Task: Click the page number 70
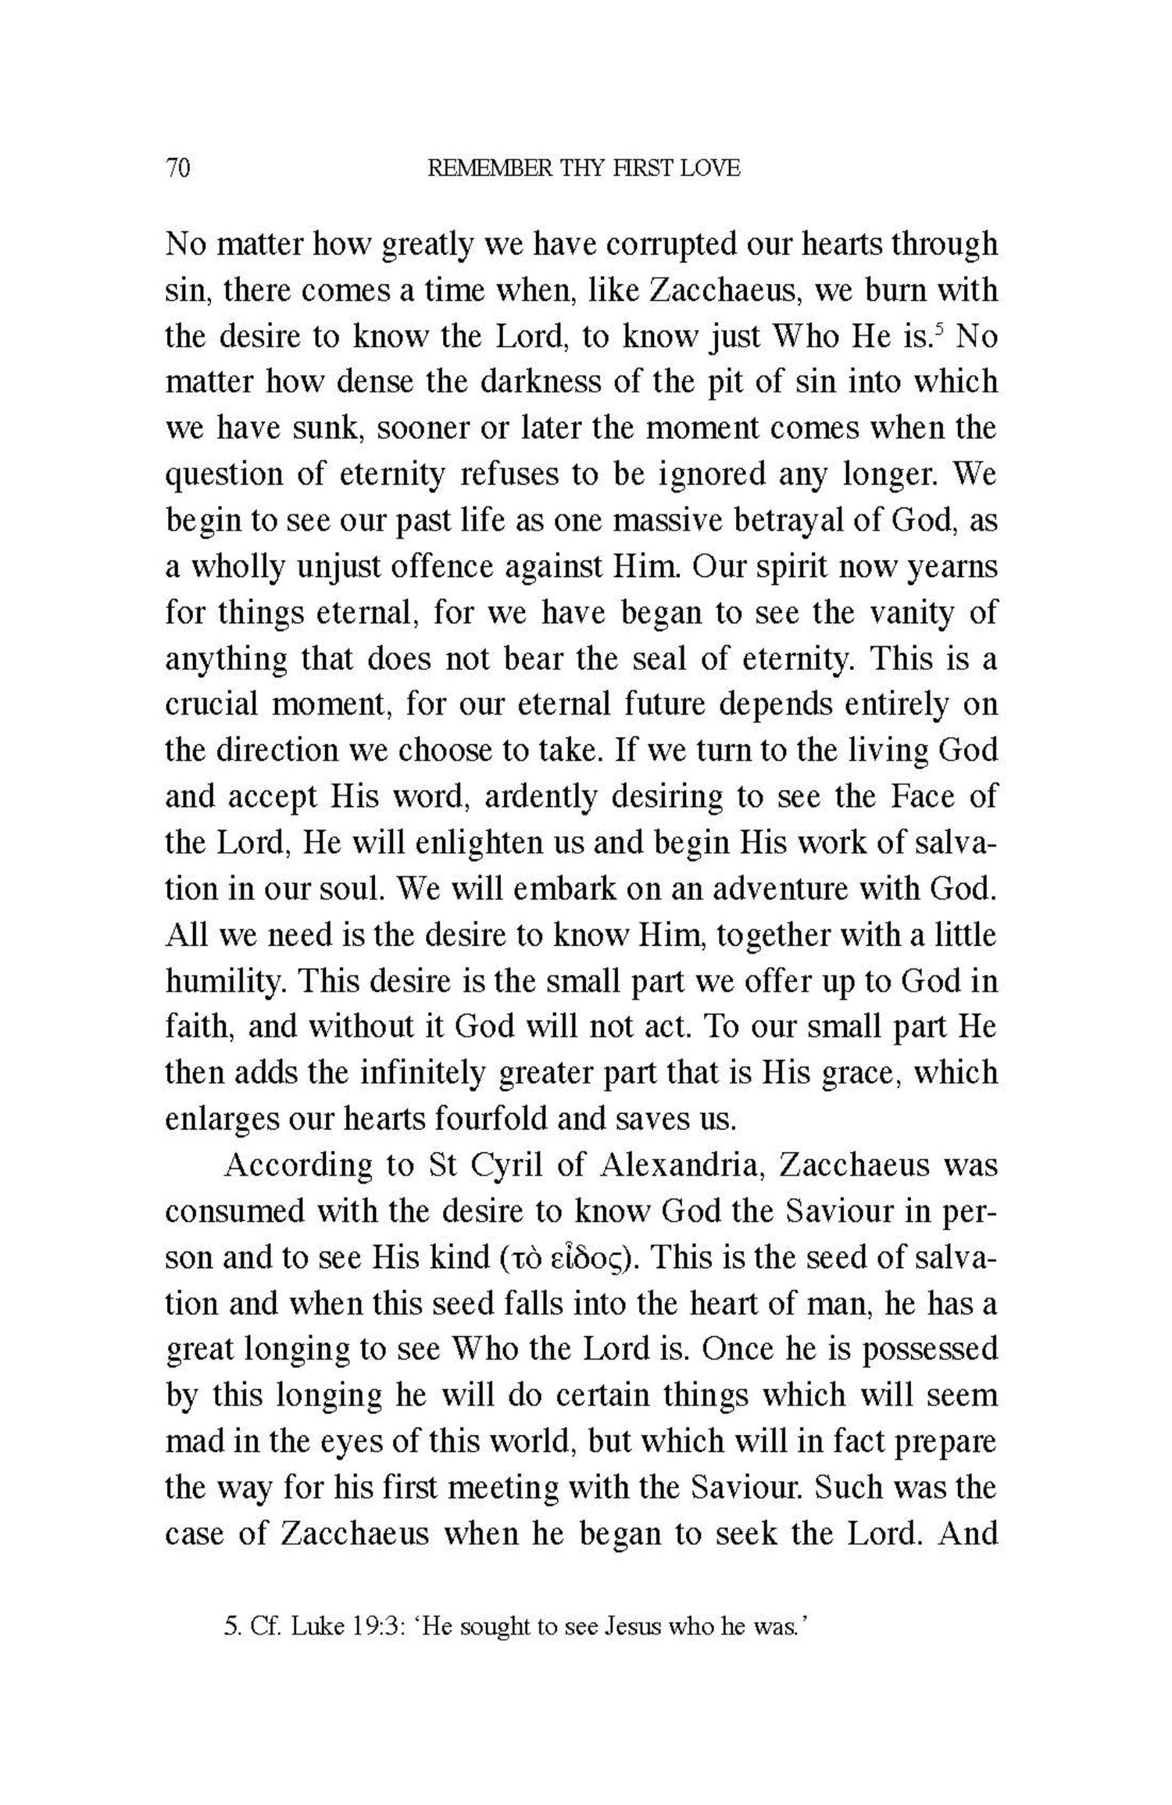click(x=177, y=168)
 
